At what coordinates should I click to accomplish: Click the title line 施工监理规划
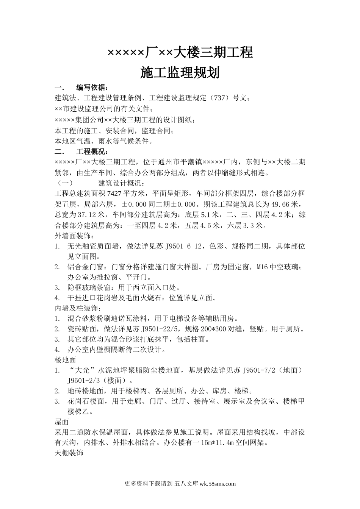pyautogui.click(x=180, y=73)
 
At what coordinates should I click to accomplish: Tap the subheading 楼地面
pyautogui.click(x=66, y=359)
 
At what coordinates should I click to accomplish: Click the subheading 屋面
pyautogui.click(x=61, y=421)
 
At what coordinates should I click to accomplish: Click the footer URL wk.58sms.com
pyautogui.click(x=217, y=484)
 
